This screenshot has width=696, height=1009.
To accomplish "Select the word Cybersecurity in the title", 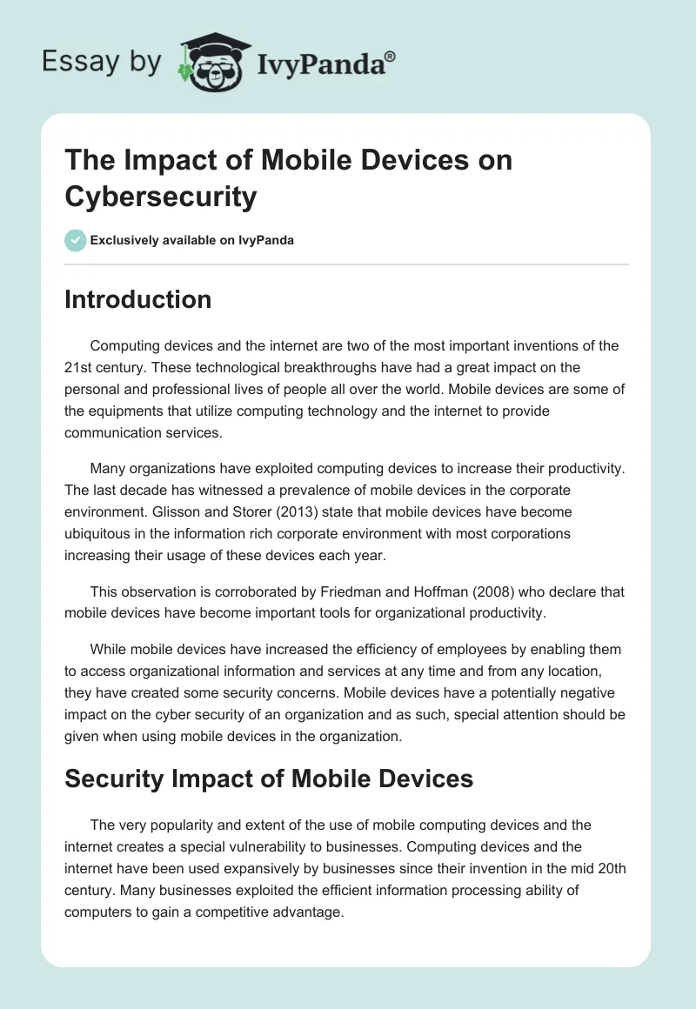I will tap(161, 197).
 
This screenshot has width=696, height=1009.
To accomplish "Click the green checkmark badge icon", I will tap(76, 240).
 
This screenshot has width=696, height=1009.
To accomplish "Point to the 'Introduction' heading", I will tap(138, 299).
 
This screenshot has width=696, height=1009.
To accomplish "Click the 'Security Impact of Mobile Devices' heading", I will tap(269, 778).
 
